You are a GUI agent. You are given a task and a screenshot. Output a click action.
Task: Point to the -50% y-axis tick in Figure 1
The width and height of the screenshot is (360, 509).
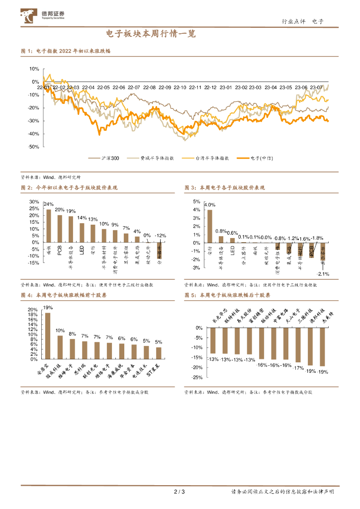[x=34, y=147]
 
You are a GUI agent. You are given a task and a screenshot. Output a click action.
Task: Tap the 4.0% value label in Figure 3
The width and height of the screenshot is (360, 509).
[x=210, y=205]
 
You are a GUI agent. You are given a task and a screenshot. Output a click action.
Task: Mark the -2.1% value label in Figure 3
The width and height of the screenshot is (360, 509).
[x=323, y=274]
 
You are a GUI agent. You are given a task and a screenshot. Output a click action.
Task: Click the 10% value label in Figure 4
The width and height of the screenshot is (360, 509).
[x=60, y=331]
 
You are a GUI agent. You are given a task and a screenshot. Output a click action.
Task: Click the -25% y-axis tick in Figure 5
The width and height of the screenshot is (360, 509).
[x=196, y=377]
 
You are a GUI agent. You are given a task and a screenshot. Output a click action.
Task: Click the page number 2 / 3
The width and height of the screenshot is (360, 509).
[x=180, y=492]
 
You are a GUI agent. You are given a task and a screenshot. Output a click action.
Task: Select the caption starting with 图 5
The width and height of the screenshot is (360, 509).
[x=227, y=295]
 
